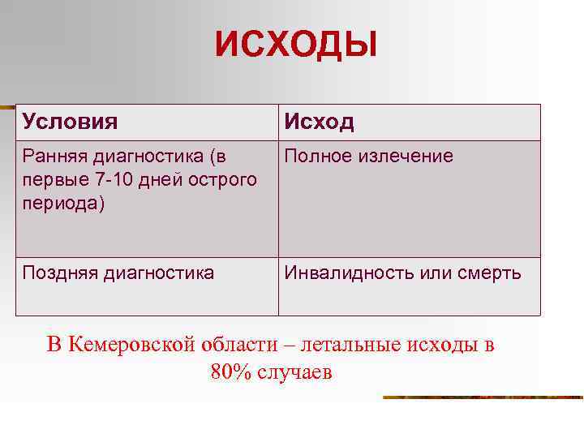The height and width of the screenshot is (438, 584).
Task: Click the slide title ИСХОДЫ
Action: [x=296, y=45]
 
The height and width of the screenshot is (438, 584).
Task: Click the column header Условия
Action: [x=70, y=122]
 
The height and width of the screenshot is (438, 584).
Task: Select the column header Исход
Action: [x=319, y=122]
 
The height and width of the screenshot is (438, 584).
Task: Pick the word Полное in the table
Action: [x=316, y=157]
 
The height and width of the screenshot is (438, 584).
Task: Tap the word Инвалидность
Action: [x=350, y=273]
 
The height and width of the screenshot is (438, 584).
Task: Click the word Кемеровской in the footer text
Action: [x=132, y=345]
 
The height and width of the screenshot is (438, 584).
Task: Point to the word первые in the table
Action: [x=49, y=179]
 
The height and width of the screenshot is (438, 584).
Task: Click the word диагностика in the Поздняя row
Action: [x=159, y=273]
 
